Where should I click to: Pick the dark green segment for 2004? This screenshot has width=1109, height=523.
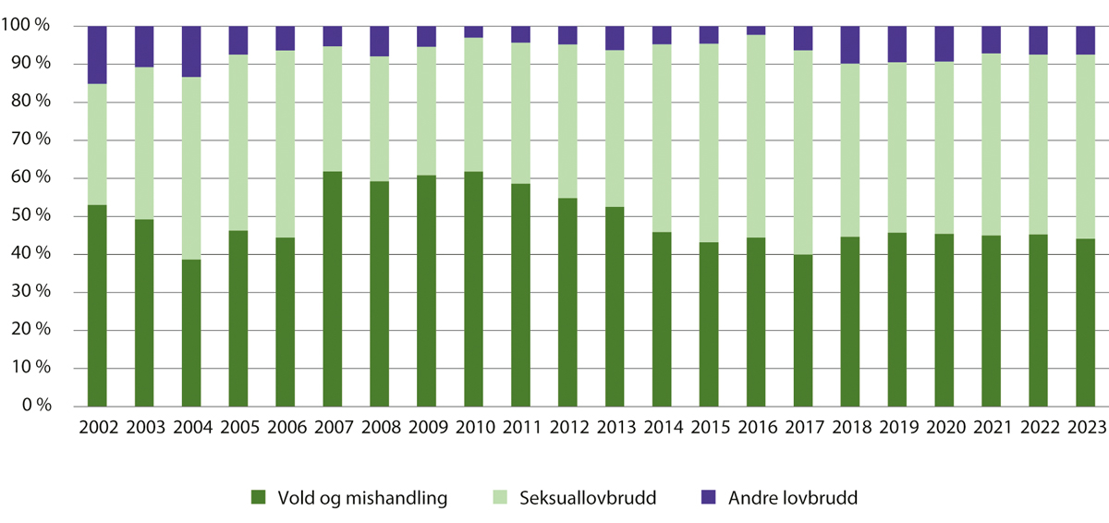(191, 333)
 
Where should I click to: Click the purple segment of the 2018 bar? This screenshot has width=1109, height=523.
(850, 44)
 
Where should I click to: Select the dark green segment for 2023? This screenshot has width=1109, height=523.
(1085, 322)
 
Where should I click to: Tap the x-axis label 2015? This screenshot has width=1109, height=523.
(709, 428)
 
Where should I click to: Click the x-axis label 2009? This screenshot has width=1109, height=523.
(427, 428)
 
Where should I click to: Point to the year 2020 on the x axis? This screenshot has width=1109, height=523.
(944, 428)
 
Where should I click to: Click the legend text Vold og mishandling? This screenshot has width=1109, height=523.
(362, 498)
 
